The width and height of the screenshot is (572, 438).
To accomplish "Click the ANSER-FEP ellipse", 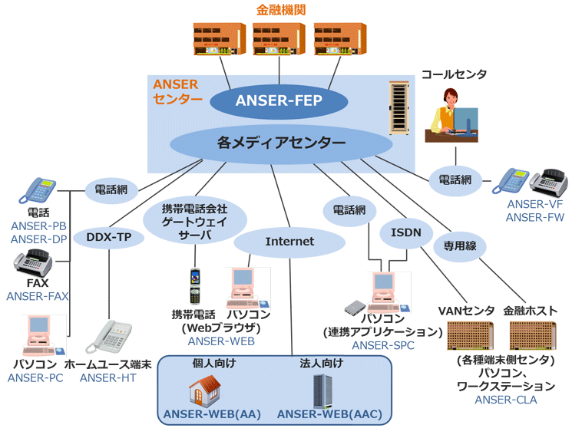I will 279,100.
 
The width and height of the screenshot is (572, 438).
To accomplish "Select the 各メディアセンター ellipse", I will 281,142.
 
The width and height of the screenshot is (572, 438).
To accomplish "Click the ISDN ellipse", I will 405,231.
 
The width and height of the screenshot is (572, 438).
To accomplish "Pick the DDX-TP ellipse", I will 114,238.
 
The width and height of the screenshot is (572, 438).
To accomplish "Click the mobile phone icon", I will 195,286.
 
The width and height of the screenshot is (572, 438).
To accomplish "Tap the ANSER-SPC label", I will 382,346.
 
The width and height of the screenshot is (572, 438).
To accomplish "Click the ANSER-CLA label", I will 505,400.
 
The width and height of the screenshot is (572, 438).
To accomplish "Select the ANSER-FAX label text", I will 37,295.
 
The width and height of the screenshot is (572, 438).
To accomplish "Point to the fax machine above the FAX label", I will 33,265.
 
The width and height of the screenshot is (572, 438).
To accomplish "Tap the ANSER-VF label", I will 534,205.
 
